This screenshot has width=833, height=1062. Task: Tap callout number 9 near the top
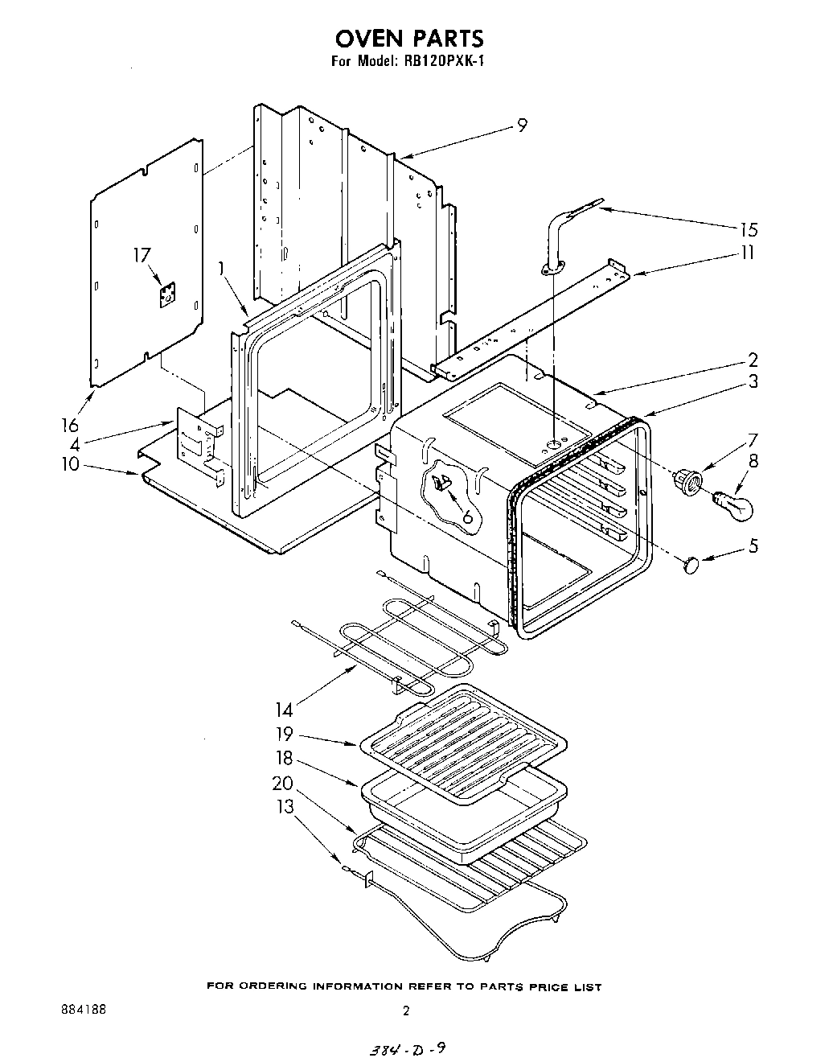pyautogui.click(x=522, y=126)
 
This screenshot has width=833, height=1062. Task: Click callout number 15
pyautogui.click(x=748, y=229)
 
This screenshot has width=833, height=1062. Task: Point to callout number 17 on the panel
pyautogui.click(x=142, y=256)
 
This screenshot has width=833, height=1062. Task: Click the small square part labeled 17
pyautogui.click(x=167, y=295)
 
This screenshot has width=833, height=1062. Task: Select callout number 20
pyautogui.click(x=281, y=783)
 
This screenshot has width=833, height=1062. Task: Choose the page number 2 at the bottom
pyautogui.click(x=407, y=1011)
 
